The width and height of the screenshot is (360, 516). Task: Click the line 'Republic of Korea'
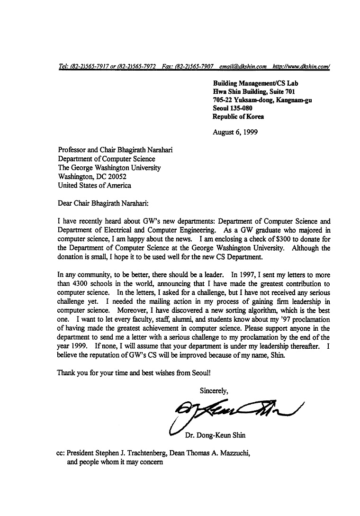(x=238, y=117)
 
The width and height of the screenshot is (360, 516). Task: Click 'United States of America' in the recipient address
(x=94, y=185)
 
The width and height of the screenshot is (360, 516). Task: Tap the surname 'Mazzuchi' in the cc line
(x=234, y=453)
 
